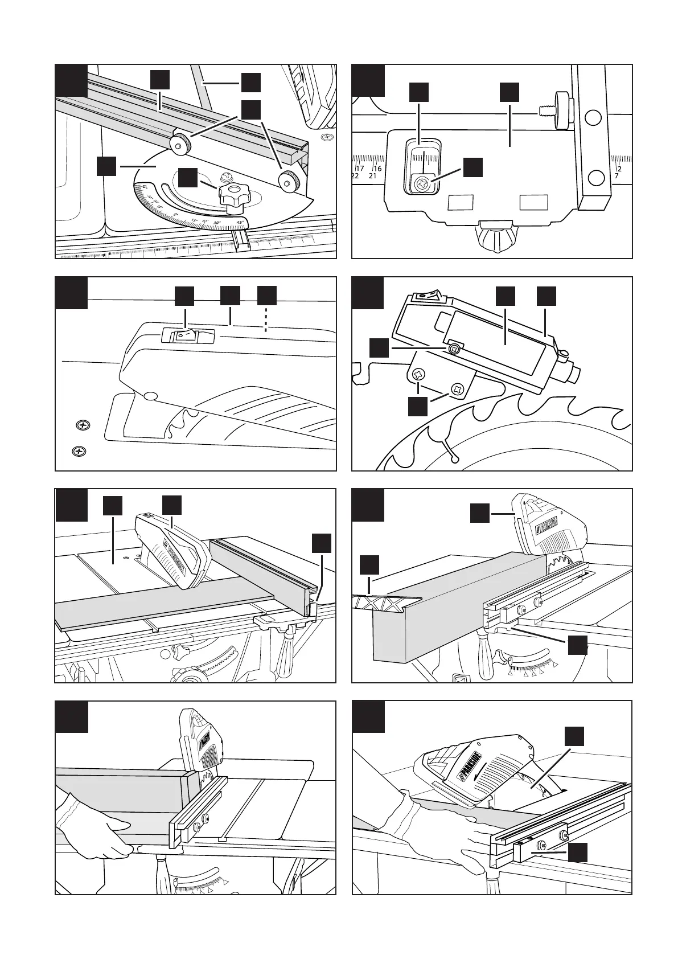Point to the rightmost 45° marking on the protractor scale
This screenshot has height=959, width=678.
click(x=240, y=222)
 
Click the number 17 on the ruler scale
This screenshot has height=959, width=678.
click(x=360, y=169)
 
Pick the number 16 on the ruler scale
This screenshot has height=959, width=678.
click(x=377, y=169)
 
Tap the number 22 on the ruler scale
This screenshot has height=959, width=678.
click(x=355, y=177)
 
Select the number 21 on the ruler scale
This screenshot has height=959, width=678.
click(x=373, y=177)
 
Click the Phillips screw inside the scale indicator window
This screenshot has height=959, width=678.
click(x=422, y=185)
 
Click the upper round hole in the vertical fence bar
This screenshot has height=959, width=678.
click(x=593, y=118)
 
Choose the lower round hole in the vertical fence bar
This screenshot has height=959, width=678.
click(x=596, y=177)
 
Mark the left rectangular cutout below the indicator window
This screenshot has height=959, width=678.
click(x=461, y=202)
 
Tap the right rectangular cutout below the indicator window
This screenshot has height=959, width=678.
click(x=534, y=202)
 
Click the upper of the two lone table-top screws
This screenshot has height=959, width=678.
click(x=83, y=425)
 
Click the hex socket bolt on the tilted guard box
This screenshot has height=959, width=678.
click(x=454, y=349)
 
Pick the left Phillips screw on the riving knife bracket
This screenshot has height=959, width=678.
click(x=420, y=375)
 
